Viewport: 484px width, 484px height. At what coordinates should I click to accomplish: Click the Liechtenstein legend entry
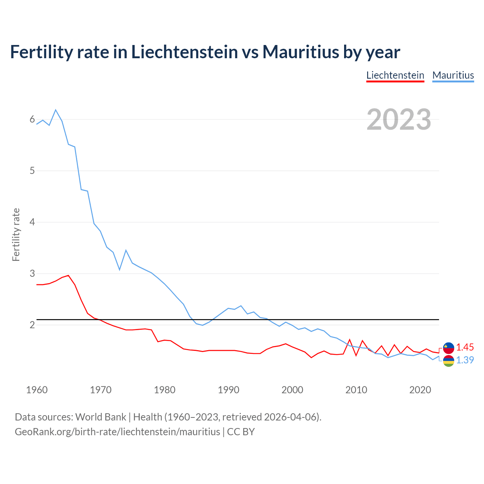(395, 75)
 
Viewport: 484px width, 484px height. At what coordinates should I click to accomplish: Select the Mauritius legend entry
(453, 75)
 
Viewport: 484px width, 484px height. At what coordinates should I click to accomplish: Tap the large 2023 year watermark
(399, 119)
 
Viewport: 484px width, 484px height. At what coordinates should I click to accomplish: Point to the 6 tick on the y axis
(32, 119)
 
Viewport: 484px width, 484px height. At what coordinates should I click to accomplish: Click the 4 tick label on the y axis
(32, 222)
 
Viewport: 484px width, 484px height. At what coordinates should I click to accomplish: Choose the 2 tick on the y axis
(32, 325)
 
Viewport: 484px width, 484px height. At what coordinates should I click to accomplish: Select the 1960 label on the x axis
(37, 390)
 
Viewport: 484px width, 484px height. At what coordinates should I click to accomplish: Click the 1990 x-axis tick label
(228, 390)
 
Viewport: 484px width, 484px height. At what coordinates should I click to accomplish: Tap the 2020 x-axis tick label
(420, 390)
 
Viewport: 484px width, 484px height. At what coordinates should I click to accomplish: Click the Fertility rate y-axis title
(16, 234)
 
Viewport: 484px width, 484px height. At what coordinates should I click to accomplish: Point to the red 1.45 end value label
(465, 347)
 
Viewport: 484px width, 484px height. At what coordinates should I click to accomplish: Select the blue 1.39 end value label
(465, 360)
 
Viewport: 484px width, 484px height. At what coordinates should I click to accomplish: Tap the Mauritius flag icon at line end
(448, 361)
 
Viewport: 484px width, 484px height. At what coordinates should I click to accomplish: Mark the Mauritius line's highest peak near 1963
(56, 110)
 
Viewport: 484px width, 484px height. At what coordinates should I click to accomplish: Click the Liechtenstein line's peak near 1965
(68, 275)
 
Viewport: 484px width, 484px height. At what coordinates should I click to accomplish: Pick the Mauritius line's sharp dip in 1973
(119, 270)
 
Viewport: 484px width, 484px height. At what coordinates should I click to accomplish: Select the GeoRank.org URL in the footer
(117, 431)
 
